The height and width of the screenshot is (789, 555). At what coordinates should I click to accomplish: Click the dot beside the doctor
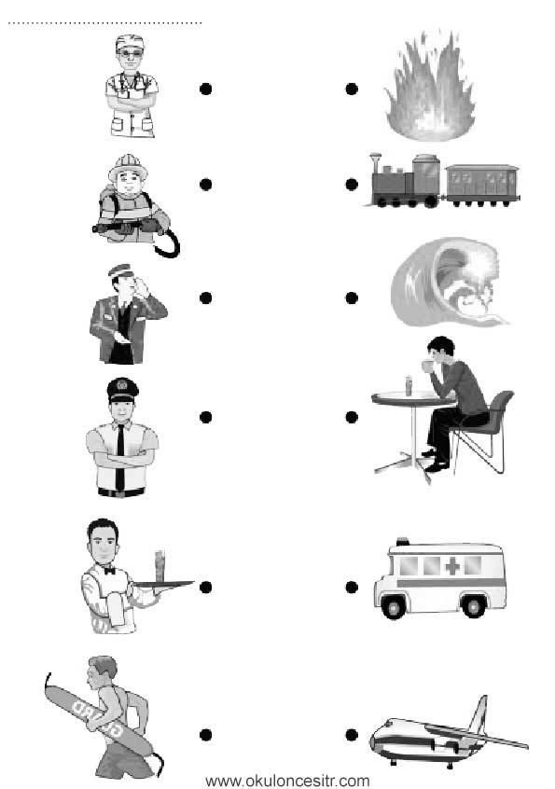coord(205,89)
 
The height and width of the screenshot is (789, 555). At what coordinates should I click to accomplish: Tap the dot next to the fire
coord(352,89)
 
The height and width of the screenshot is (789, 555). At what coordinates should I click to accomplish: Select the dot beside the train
coord(352,185)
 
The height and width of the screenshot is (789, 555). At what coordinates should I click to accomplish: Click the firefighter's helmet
coord(129,166)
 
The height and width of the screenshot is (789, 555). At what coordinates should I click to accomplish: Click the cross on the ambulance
coord(452,567)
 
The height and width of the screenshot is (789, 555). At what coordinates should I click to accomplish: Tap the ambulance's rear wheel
coord(474,606)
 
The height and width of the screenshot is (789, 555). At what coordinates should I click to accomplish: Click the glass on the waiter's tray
coord(160,567)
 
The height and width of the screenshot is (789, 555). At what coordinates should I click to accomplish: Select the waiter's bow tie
coord(109,571)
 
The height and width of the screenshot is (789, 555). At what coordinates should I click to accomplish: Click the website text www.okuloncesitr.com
coord(287,781)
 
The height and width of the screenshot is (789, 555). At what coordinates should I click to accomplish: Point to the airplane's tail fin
coord(478,714)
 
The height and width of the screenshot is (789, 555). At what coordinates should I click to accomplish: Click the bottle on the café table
coord(409,385)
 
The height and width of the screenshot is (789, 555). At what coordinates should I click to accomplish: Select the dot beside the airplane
coord(352,735)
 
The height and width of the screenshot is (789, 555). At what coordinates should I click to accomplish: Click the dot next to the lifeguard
coord(205,735)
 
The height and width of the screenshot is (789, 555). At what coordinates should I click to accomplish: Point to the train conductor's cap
coord(120,270)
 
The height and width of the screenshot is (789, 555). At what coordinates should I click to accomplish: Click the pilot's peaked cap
coord(123,390)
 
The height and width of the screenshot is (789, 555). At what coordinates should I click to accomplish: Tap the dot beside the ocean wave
coord(352,298)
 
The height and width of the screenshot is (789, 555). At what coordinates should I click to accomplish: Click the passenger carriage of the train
coord(482,185)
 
